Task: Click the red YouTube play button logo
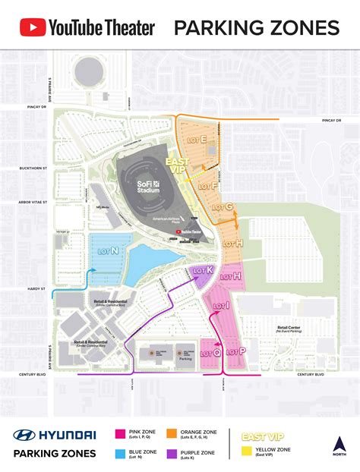(33, 29)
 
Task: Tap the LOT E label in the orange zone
(197, 140)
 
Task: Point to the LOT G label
(222, 206)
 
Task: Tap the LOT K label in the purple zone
(203, 270)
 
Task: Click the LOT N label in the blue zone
(109, 250)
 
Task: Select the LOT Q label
(210, 352)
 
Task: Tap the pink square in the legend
(120, 433)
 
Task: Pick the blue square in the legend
(120, 453)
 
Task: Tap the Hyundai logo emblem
(24, 435)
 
